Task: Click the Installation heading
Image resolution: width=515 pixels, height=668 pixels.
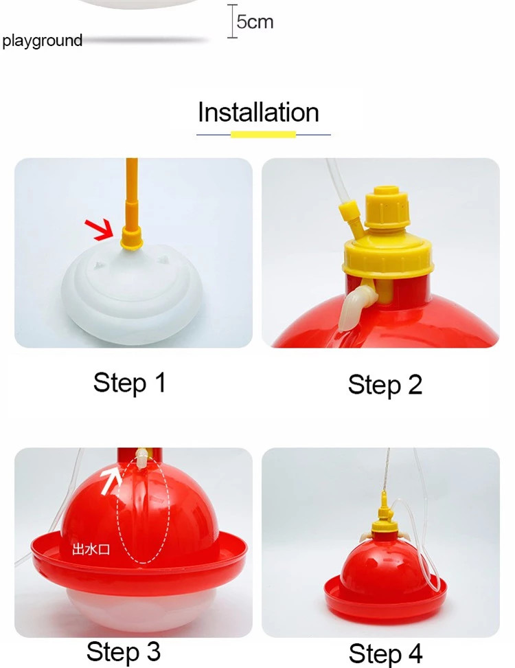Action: (x=258, y=113)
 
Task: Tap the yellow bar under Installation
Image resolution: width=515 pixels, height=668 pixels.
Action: (x=263, y=135)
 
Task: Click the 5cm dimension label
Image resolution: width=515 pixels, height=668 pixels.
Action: (x=255, y=22)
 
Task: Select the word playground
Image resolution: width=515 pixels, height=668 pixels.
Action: (x=42, y=41)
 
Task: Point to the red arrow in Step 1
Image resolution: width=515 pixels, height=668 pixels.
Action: (x=100, y=229)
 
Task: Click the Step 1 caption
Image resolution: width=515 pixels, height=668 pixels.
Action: (x=129, y=383)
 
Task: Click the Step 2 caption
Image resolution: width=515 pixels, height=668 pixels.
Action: (x=385, y=385)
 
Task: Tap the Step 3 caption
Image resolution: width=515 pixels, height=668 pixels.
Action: (x=124, y=652)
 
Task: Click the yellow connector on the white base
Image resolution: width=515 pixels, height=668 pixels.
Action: (x=130, y=236)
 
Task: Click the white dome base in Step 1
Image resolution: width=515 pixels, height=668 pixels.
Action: (x=133, y=292)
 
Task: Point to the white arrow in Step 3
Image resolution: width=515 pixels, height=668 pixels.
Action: (x=111, y=481)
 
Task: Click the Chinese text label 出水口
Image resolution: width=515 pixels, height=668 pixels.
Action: (x=91, y=549)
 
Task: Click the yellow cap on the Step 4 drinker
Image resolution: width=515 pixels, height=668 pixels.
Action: (x=382, y=521)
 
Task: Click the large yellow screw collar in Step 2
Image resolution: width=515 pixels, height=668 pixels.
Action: (x=388, y=255)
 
